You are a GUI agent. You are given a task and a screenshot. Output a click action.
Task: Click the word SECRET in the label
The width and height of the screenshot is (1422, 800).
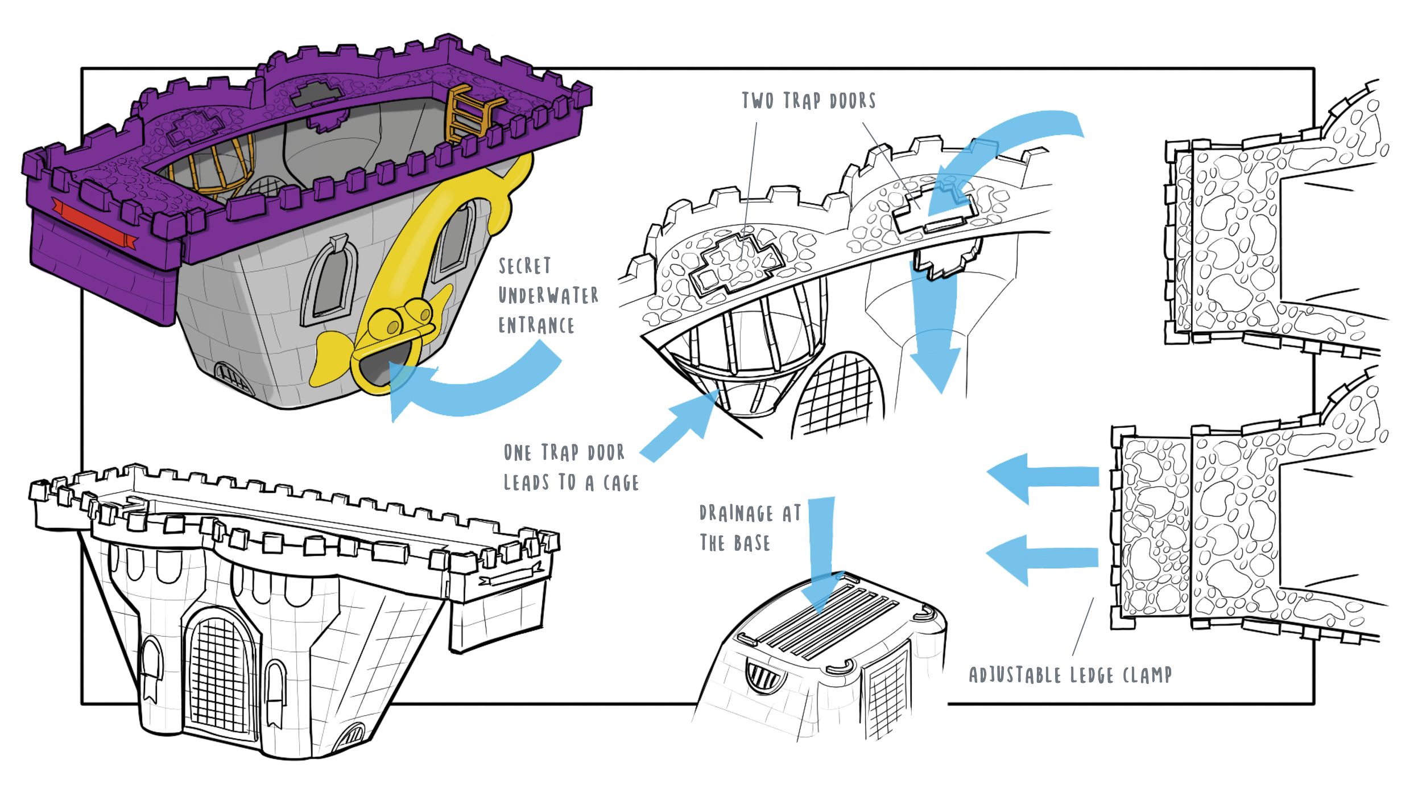(524, 266)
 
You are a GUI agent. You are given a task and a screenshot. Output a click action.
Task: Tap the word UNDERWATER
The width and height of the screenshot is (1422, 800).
(548, 296)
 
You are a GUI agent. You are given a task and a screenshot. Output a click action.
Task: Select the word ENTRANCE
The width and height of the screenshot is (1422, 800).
(536, 325)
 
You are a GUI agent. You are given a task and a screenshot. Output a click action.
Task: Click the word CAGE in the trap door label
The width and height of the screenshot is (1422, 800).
(621, 483)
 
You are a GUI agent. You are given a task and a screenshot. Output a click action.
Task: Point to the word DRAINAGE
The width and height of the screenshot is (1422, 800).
(737, 513)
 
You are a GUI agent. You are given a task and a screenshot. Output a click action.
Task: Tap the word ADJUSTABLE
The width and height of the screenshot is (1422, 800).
(1015, 675)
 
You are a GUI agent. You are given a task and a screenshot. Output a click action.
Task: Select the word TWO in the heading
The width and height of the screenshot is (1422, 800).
(758, 101)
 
